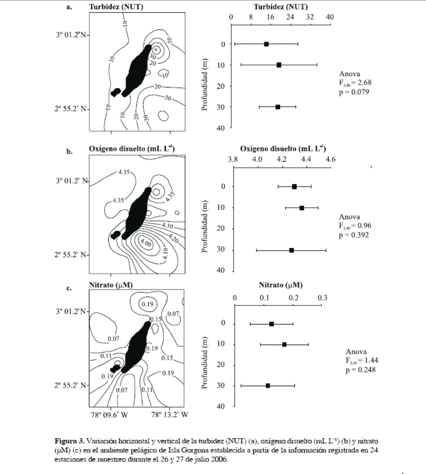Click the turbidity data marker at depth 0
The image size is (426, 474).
(x=266, y=44)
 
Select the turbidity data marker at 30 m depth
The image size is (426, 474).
(x=278, y=107)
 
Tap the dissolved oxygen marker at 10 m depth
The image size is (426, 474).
(x=302, y=208)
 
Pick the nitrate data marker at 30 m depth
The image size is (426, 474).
(x=268, y=385)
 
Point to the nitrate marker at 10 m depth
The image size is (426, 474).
(x=284, y=344)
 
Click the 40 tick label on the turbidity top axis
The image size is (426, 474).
(x=330, y=17)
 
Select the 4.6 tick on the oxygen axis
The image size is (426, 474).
(x=330, y=159)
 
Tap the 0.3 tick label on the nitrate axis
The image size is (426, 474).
(x=322, y=298)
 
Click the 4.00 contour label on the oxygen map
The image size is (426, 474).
(x=145, y=243)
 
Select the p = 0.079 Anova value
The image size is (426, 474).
(x=354, y=92)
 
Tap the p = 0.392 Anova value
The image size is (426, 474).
(x=354, y=235)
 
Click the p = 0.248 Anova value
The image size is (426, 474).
(x=361, y=370)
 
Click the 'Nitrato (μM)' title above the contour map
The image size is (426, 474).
(x=111, y=285)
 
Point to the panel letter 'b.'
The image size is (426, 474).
(x=70, y=152)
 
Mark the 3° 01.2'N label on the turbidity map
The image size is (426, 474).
(x=71, y=35)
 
